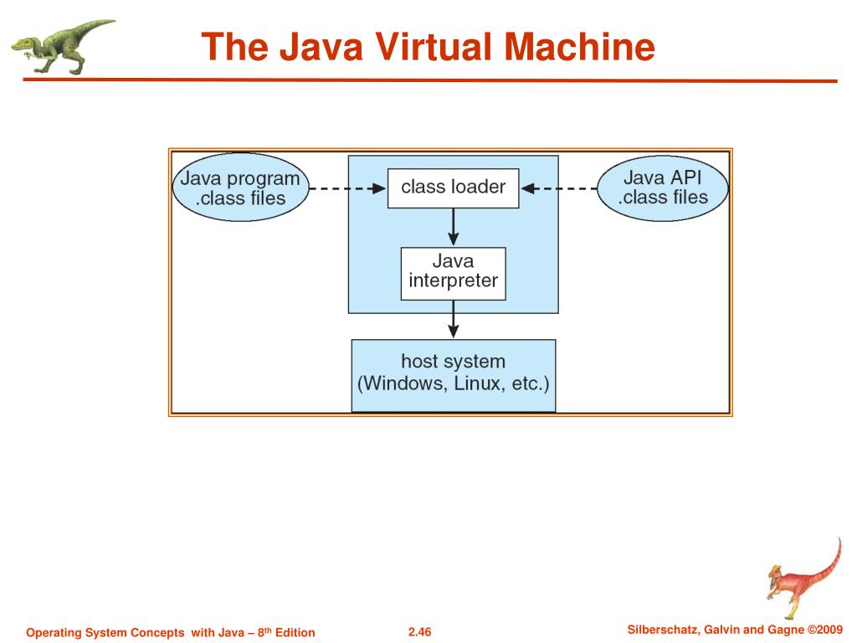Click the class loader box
click(x=453, y=188)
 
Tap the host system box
click(x=453, y=374)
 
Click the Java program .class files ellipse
click(x=240, y=188)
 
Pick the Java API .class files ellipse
click(x=663, y=188)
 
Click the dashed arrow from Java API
click(x=559, y=189)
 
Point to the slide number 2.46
click(x=418, y=632)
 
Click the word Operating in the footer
click(x=54, y=632)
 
